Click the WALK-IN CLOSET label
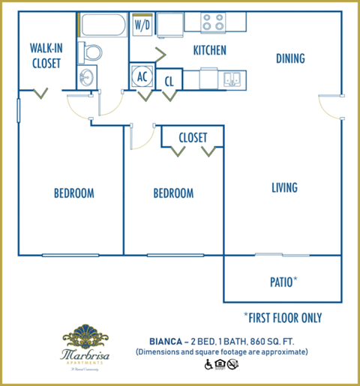(46, 55)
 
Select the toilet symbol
(94, 52)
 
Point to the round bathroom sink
(86, 76)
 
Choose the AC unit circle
(142, 76)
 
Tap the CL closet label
(169, 79)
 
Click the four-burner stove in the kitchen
(214, 22)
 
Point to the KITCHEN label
(210, 51)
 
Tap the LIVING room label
(284, 187)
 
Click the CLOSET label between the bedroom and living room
(193, 137)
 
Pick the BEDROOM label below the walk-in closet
(73, 193)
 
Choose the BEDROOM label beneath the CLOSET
(173, 193)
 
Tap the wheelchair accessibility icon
(208, 365)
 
